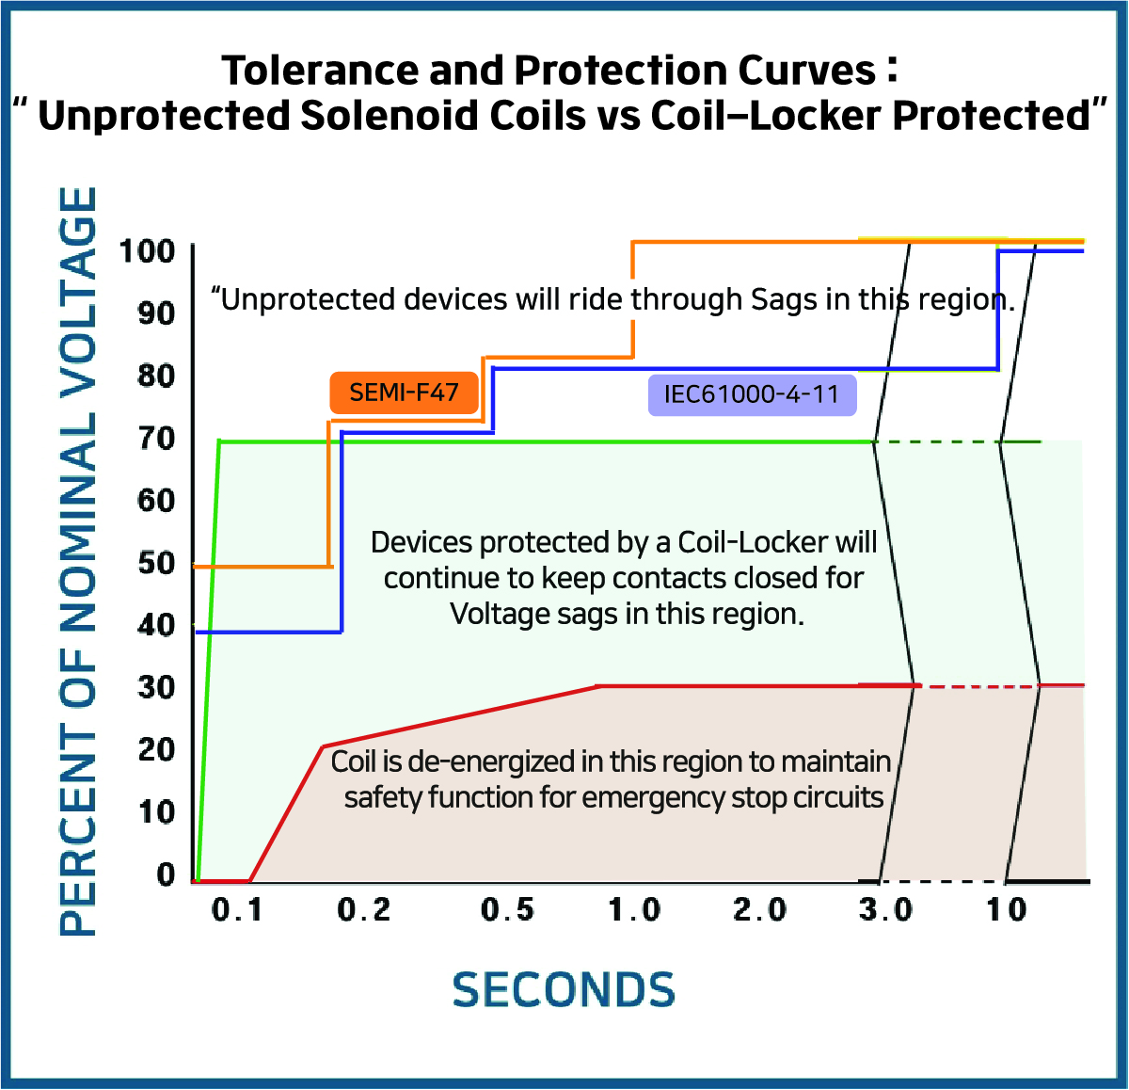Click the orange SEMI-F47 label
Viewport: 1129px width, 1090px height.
point(404,393)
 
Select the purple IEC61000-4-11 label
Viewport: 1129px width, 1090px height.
point(752,394)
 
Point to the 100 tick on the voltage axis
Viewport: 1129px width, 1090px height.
point(146,252)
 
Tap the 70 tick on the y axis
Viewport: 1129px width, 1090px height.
point(156,439)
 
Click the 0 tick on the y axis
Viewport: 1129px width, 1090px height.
point(166,874)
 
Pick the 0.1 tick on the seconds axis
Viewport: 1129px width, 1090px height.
point(237,909)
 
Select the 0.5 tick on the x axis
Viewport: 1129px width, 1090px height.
point(507,909)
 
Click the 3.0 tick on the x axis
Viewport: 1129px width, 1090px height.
point(886,909)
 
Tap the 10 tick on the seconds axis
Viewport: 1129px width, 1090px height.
point(1007,909)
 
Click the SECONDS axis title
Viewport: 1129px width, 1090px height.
point(564,989)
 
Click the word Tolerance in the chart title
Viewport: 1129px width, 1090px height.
point(320,71)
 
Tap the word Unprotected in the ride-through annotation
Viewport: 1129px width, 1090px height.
point(305,300)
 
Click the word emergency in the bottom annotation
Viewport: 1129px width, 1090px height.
point(653,797)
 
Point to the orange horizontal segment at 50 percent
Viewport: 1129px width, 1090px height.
point(262,566)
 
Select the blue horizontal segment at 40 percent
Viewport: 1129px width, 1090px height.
point(269,632)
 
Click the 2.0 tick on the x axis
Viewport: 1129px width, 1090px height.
point(760,909)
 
